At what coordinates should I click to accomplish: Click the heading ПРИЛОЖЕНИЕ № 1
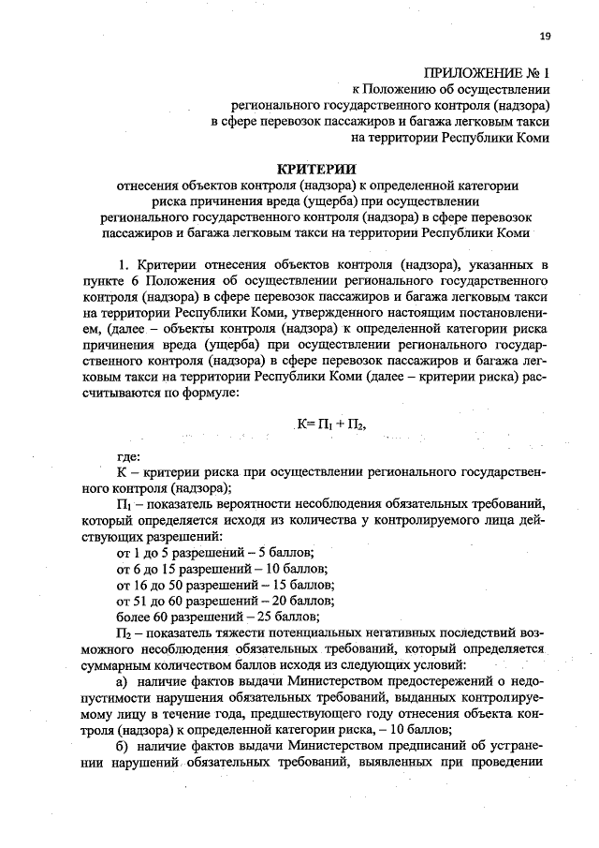tap(486, 71)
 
